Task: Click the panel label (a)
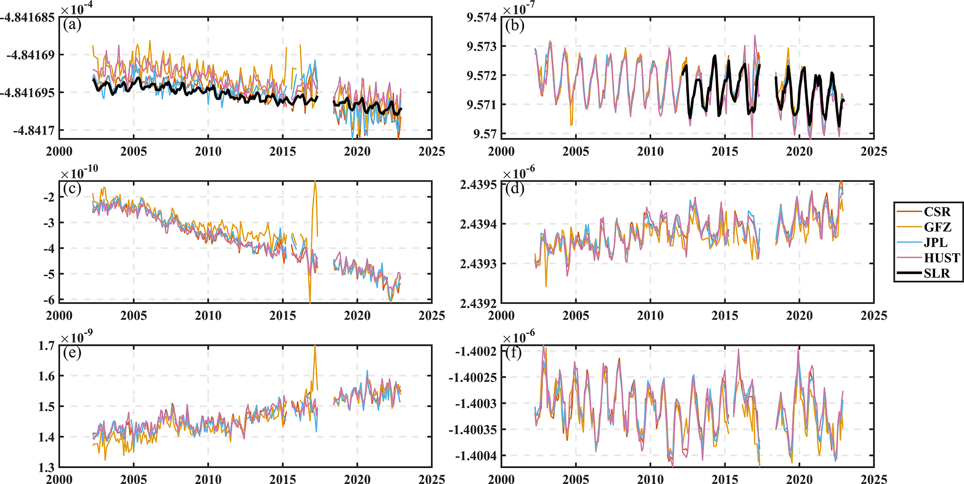point(72,25)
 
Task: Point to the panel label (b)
point(514,25)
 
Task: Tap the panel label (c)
point(72,188)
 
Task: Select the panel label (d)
point(514,188)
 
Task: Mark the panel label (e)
point(72,353)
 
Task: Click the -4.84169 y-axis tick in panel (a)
point(30,55)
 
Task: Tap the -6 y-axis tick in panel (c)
point(49,300)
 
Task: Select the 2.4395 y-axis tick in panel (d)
point(478,185)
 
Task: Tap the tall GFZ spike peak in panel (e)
point(315,346)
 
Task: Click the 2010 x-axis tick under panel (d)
point(650,315)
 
